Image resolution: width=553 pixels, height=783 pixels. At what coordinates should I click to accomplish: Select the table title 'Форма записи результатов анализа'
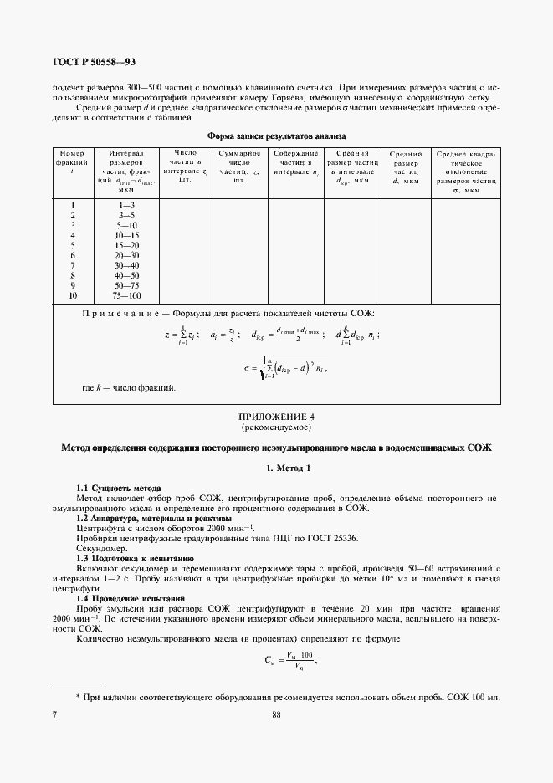(x=276, y=136)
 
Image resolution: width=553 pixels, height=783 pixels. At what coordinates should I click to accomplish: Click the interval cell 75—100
(x=127, y=296)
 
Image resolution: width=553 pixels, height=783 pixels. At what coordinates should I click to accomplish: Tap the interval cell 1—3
(x=127, y=205)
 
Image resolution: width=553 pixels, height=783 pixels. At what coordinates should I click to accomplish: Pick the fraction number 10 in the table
(x=73, y=296)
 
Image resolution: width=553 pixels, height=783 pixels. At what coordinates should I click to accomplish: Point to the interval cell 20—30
(x=127, y=255)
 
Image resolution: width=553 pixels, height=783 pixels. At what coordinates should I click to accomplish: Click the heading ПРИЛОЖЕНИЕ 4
(x=276, y=416)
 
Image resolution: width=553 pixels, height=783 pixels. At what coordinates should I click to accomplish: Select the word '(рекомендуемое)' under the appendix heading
(x=276, y=427)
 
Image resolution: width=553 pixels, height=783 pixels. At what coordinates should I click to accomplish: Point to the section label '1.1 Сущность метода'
(x=118, y=488)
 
